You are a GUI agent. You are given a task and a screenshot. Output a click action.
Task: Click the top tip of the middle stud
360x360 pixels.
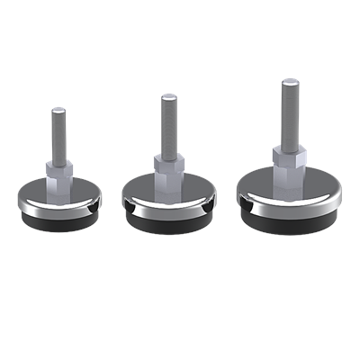[x=166, y=94]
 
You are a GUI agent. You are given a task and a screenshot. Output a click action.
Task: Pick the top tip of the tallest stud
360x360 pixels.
[x=287, y=82]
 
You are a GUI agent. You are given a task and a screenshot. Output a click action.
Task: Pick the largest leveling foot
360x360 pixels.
[x=287, y=180]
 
